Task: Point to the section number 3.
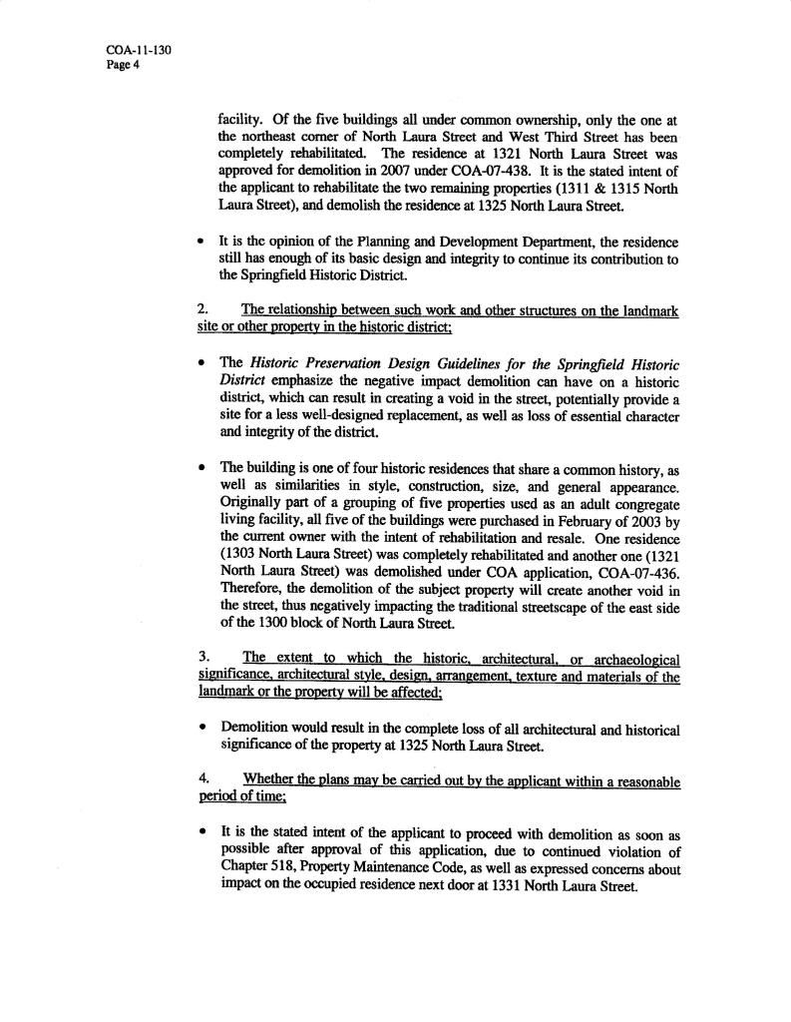202,658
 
